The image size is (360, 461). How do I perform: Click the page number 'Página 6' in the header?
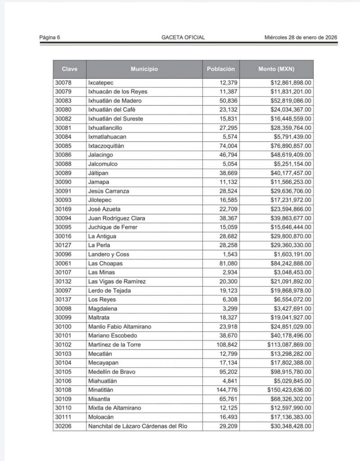coord(50,37)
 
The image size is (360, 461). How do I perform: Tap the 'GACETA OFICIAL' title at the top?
coord(183,37)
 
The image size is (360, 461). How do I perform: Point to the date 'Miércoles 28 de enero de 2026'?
coord(301,37)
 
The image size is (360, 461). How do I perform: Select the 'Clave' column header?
coord(69,69)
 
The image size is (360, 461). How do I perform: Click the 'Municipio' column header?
coord(144,69)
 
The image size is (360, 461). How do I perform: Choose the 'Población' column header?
coord(221,69)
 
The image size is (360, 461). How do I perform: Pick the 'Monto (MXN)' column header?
coord(276,69)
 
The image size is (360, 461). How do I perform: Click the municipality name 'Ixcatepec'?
coord(101,82)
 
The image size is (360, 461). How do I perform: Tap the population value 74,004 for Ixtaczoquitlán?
coord(228,146)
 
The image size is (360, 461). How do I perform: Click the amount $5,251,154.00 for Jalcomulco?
coord(289,164)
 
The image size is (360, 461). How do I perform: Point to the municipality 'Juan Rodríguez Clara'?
coord(114,218)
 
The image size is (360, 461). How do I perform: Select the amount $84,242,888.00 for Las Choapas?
coord(288,263)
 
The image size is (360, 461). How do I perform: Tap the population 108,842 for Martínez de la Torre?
coord(227,345)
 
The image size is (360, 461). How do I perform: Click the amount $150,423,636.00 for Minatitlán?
coord(286,390)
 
